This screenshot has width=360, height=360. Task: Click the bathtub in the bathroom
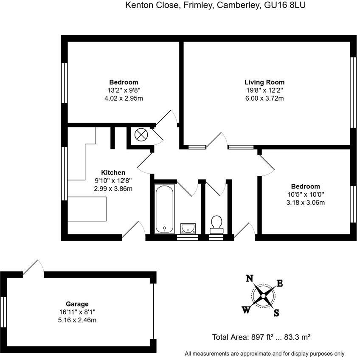click(164, 208)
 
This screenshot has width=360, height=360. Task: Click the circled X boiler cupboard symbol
click(140, 135)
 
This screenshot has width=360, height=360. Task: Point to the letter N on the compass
click(250, 278)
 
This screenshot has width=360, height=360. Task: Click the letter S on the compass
click(276, 314)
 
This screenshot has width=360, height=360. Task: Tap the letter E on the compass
click(280, 283)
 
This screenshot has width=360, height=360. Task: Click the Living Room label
click(264, 82)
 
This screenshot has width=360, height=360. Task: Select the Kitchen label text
click(113, 172)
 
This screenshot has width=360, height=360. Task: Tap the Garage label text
click(77, 304)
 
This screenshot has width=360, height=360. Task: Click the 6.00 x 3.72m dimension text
click(264, 98)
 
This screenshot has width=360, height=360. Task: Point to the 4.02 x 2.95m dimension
click(124, 98)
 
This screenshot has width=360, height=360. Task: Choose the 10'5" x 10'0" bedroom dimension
click(305, 194)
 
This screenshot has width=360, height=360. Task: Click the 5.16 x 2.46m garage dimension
click(77, 320)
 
